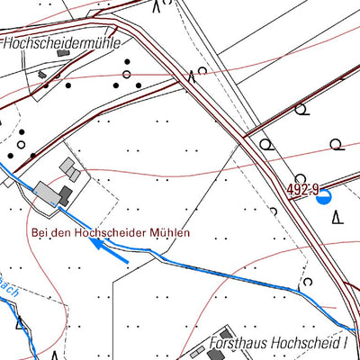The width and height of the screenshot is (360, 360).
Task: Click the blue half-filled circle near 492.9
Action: pos(323,198)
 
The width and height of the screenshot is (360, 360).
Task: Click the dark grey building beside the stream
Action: pos(65,196)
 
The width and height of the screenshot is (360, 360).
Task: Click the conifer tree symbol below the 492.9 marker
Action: pos(337,216)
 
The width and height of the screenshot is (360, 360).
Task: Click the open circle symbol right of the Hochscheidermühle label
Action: pos(127,73)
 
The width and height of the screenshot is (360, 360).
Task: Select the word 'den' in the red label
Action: pos(60,232)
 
